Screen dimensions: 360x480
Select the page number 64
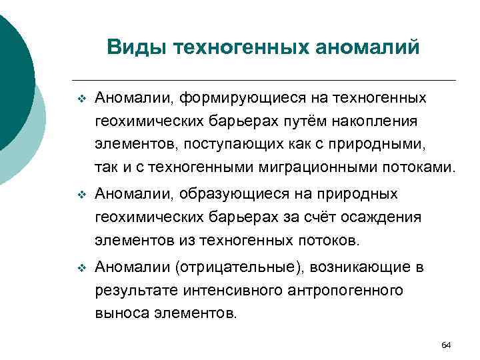click(446, 345)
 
